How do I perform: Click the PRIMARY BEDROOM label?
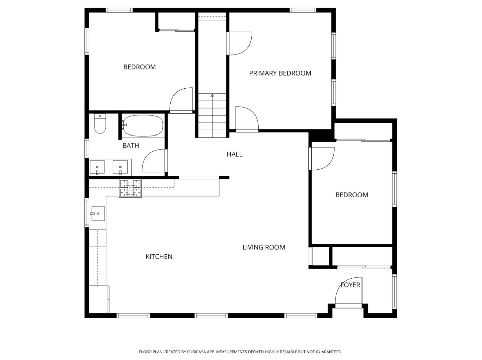(280, 73)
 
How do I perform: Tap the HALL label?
(234, 154)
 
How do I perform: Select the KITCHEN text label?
(159, 257)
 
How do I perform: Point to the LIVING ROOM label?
(264, 247)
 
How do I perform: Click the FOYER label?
(350, 285)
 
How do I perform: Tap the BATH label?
(131, 146)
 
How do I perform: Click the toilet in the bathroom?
(100, 124)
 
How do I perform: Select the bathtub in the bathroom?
(143, 126)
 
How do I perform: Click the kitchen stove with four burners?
(131, 188)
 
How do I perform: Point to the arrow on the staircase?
(212, 95)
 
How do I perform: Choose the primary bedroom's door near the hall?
(247, 119)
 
